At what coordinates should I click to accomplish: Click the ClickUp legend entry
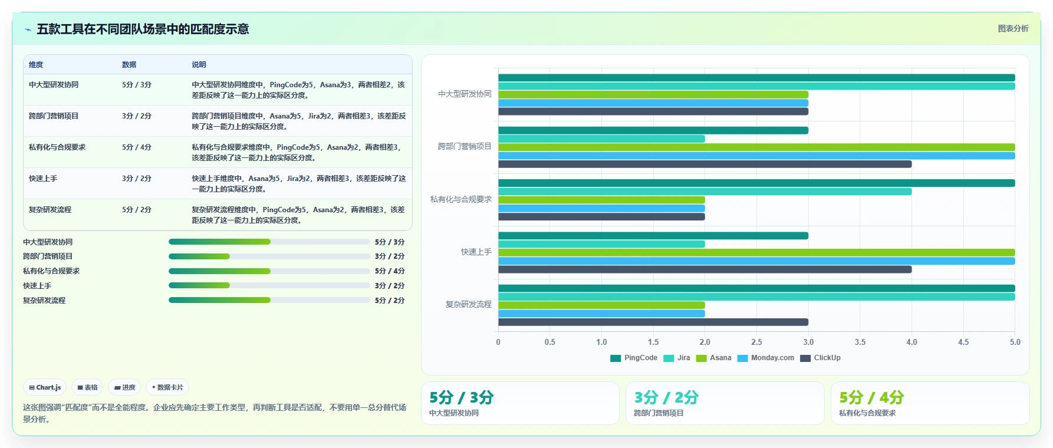(820, 358)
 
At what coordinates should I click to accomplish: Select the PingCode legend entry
(634, 358)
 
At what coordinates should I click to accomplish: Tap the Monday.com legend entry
(766, 358)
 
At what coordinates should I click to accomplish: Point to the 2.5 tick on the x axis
(756, 342)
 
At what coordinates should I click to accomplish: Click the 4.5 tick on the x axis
(963, 342)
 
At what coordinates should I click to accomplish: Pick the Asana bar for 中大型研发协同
(653, 94)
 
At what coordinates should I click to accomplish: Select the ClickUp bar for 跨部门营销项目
(705, 164)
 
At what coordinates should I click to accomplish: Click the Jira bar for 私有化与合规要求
(705, 192)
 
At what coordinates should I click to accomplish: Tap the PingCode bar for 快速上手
(653, 236)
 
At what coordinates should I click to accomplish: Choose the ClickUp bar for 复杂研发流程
(653, 322)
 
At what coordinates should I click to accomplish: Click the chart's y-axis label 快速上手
(476, 252)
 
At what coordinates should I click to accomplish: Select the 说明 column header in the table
(199, 65)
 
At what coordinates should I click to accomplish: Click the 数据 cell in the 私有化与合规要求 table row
(137, 147)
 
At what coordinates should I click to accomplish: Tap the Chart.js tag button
(45, 387)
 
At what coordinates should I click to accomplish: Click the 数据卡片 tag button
(167, 387)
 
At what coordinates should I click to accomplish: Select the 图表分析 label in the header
(1013, 28)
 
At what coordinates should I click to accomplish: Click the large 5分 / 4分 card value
(871, 398)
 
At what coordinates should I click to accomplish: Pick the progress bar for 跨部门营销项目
(269, 256)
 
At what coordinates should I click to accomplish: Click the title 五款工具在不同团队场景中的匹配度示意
(143, 29)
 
